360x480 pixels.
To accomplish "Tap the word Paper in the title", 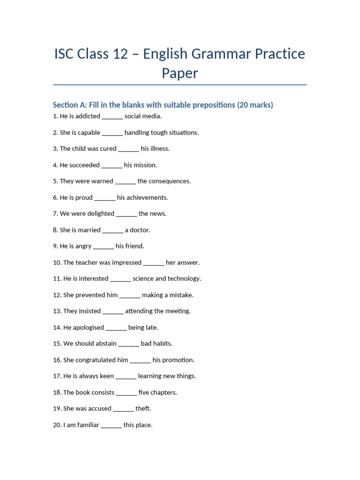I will [180, 73].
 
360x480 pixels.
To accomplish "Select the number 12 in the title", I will [120, 54].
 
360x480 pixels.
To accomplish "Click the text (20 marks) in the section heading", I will [255, 105].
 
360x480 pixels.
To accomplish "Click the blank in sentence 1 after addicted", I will [112, 116].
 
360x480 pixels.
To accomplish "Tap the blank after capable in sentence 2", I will [112, 133].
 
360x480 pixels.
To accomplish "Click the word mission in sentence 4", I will [146, 165].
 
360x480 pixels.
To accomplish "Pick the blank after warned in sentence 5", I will [125, 181].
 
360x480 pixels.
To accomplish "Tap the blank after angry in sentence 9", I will [104, 246].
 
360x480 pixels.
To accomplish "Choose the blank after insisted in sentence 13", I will [113, 311].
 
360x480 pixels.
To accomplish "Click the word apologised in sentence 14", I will [88, 327].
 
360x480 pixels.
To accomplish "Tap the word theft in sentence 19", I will [143, 409].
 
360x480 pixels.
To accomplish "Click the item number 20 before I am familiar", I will [57, 425].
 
